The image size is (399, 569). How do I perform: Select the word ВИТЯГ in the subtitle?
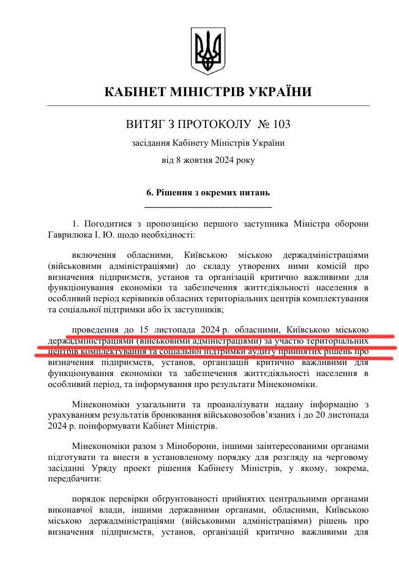click(x=144, y=124)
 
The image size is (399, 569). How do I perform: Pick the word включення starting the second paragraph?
click(x=92, y=254)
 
